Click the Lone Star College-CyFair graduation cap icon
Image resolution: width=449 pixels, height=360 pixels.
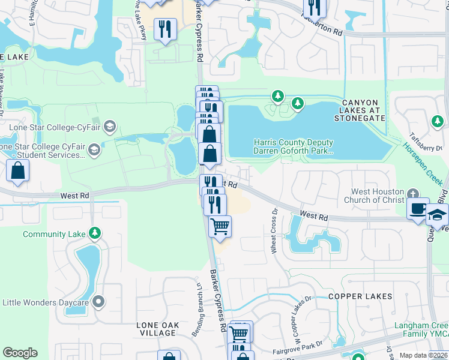109,126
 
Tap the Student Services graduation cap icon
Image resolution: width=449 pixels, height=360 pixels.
94,149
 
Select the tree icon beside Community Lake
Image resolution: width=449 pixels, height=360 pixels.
94,233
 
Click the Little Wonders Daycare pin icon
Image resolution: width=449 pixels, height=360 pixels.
98,302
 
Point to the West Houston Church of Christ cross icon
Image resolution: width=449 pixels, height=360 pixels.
412,194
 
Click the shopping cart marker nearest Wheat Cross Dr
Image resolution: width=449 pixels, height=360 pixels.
220,227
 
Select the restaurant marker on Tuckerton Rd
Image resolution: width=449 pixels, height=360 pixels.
314,7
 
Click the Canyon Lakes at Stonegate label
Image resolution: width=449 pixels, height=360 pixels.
364,111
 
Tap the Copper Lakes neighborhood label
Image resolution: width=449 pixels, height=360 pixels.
360,296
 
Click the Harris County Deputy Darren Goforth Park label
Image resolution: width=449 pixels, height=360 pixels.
294,147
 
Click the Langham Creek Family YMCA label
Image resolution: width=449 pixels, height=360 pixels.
420,331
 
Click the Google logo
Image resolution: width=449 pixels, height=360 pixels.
20,353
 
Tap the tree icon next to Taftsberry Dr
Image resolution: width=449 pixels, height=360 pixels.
436,122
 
